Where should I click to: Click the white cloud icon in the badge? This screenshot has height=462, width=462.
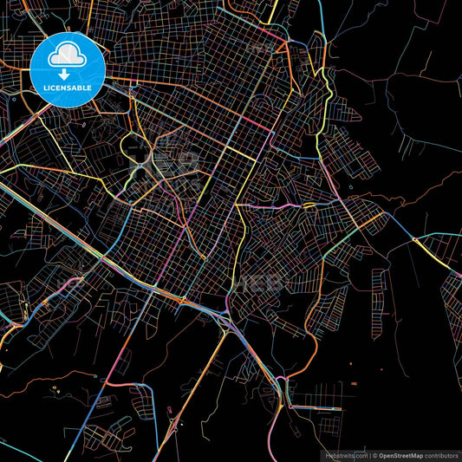(x=68, y=56)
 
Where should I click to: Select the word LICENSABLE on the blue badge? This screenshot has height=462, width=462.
(x=68, y=88)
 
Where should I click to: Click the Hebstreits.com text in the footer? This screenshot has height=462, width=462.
(x=346, y=455)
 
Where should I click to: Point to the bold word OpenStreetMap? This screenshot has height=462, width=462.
(x=406, y=455)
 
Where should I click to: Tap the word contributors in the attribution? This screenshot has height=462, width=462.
(x=443, y=455)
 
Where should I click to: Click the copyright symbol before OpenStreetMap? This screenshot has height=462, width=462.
(x=374, y=455)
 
